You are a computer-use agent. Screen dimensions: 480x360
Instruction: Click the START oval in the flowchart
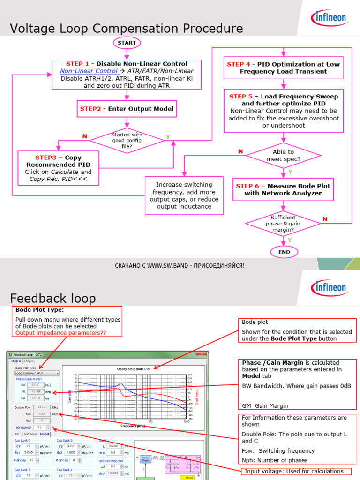coord(127,43)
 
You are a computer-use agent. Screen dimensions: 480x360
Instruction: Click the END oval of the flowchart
coord(284,252)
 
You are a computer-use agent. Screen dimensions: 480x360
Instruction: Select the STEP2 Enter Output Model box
coord(127,109)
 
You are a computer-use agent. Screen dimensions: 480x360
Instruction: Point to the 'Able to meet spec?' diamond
coord(283,156)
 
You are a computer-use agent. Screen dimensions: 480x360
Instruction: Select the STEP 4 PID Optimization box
coord(283,67)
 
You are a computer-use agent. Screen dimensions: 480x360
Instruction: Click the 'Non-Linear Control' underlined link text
coord(89,71)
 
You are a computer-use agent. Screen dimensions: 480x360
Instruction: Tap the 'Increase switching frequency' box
coord(184,195)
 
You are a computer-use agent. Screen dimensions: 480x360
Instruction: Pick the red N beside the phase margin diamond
coord(325,219)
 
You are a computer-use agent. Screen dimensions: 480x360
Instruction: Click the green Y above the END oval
coord(289,240)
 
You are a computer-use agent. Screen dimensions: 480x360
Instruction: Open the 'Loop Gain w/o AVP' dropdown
coord(37,374)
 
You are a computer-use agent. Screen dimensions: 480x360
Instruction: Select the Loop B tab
coord(29,361)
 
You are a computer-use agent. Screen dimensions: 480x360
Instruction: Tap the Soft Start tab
coord(30,434)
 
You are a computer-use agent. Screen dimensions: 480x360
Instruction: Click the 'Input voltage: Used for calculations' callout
coord(293,471)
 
